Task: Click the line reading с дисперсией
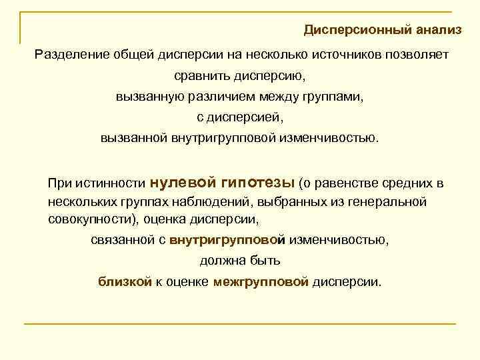240,118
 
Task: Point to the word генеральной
392,201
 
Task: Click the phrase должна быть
240,261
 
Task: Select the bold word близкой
125,282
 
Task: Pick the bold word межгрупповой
261,282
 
